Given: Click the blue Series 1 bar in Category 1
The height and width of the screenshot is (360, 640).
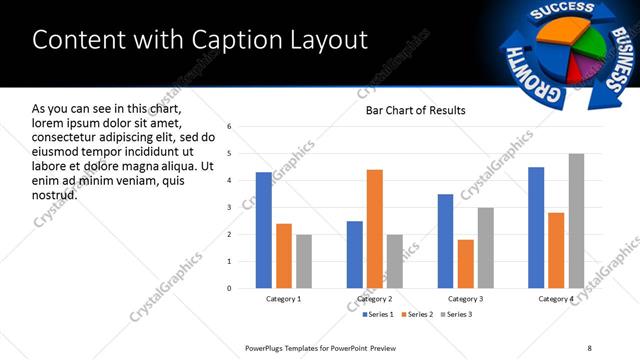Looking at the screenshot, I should pos(263,230).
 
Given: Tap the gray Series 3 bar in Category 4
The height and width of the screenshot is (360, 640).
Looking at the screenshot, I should pos(576,221).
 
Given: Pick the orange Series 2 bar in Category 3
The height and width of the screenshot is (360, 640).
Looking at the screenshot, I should pos(466,264).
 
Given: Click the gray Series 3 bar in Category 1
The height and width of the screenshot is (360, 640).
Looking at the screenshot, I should pos(303,261).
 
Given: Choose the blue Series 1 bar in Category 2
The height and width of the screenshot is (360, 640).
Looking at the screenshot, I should pos(355,254).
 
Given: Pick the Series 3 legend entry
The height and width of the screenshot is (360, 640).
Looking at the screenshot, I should pos(457,314).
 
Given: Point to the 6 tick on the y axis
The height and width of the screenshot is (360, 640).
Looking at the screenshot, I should pos(229,127).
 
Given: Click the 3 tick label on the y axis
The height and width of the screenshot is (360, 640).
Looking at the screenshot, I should pos(229,208).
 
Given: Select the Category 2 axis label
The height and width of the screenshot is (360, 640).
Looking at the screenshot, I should pos(375,299).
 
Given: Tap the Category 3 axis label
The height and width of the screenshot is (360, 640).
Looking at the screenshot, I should pos(465,299).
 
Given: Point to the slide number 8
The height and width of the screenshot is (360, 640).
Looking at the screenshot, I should pos(589,347).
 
